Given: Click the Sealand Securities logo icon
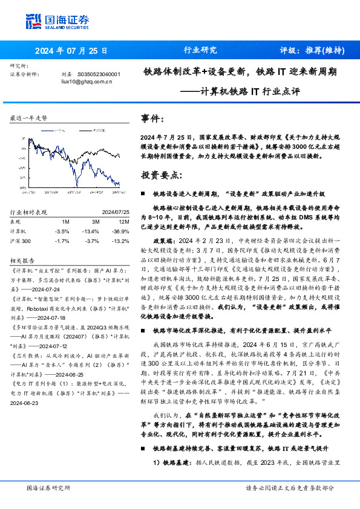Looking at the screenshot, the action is pos(34,22).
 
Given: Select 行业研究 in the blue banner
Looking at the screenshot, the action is pos(200,51).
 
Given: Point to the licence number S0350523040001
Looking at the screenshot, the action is pos(100,74).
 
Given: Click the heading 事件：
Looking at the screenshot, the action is pos(152,119).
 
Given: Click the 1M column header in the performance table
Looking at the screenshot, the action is pos(65,222).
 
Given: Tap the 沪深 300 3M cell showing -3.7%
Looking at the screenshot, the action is pos(91,241).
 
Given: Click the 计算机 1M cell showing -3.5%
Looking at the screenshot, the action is pos(62,231).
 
